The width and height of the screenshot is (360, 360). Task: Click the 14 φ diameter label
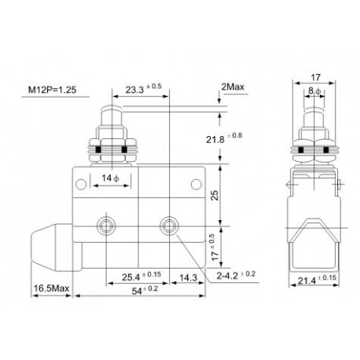112,179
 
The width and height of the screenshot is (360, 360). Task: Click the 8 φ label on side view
314,91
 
